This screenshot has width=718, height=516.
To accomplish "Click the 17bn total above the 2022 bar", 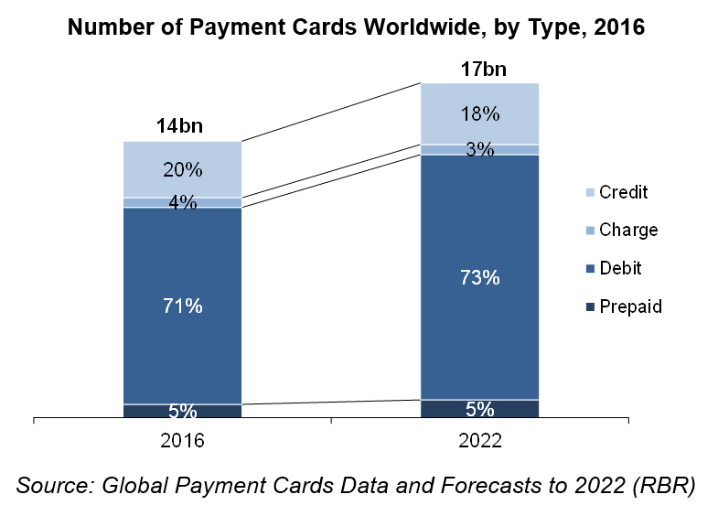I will tap(480, 69).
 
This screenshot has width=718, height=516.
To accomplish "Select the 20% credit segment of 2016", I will tap(183, 169).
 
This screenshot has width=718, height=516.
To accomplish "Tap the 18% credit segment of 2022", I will tap(480, 114).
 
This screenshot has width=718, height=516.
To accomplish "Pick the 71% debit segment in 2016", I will tap(183, 306).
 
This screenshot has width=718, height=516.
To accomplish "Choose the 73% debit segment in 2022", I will tap(480, 277).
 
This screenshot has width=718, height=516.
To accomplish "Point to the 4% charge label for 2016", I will tap(183, 203).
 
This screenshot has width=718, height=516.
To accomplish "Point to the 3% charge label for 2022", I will tap(480, 150).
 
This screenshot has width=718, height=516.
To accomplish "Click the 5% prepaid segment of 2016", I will tap(183, 412).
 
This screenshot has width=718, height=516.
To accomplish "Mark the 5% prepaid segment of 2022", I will tap(480, 409).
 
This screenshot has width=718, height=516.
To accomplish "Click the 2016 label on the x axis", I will tap(183, 441).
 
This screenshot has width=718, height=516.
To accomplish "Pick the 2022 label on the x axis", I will tap(480, 441).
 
